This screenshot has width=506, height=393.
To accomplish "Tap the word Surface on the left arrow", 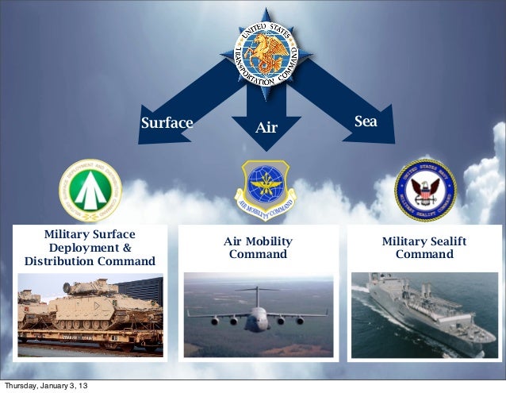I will tap(167, 123).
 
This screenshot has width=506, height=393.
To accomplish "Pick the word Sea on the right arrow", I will tap(365, 121).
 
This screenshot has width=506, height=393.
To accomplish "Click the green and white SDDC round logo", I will tap(89, 191).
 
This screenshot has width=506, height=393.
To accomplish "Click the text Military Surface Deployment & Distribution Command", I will tap(90, 248).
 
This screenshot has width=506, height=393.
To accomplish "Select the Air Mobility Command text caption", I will tap(258, 248).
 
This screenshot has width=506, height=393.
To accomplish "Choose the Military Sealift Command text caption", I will tap(424, 248).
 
